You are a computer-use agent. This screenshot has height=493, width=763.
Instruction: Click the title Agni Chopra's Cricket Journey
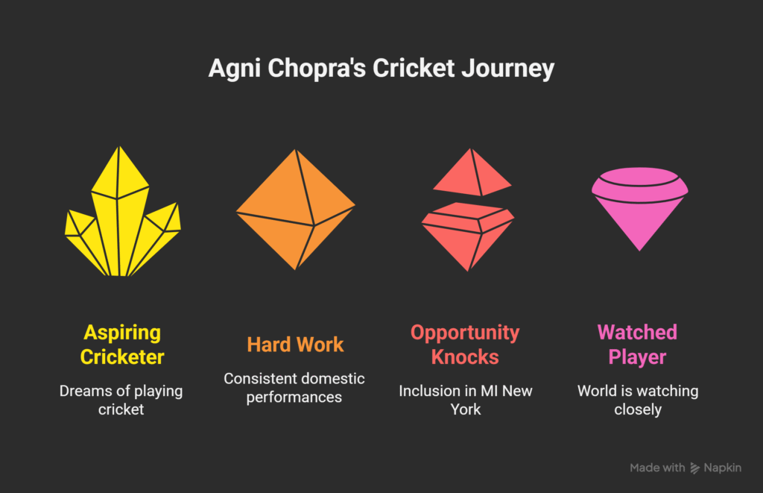pos(381,68)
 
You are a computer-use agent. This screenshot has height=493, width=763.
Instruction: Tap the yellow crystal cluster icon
pos(123,211)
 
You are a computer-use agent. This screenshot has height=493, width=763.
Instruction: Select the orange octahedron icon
pos(296,210)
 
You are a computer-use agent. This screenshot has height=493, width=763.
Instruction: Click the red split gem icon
pos(468,210)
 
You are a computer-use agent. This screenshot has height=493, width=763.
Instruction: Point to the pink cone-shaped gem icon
pos(640,209)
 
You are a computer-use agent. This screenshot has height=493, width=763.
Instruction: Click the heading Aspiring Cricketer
pos(122,345)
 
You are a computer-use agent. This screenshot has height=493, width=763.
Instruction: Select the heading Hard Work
pos(295,345)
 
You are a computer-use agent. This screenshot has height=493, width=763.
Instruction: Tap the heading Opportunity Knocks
pos(465,345)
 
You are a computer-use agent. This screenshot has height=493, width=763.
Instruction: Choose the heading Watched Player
pos(638,345)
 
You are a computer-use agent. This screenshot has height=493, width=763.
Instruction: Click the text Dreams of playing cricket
pos(121,400)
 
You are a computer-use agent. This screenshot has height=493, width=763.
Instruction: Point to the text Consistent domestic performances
pos(294,388)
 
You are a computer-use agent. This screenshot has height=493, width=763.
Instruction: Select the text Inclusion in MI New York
pos(466,400)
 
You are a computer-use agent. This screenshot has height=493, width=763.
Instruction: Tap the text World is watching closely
pos(638,400)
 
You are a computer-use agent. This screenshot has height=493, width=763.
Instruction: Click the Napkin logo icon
pos(695,468)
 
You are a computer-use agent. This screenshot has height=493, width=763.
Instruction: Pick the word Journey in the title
pos(508,69)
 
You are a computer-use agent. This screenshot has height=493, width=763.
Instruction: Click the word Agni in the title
pos(235,69)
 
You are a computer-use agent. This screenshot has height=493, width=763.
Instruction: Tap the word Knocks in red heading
pos(465,357)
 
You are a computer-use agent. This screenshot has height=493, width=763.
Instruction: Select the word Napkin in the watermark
pos(723,468)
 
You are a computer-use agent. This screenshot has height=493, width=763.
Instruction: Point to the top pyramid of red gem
pos(472,172)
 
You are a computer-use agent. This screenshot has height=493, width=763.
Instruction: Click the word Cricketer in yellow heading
pos(122,357)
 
